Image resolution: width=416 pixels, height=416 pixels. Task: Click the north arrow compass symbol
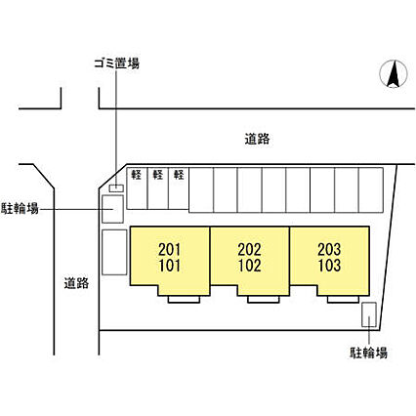pyautogui.click(x=394, y=74)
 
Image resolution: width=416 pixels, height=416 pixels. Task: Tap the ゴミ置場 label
pyautogui.click(x=117, y=63)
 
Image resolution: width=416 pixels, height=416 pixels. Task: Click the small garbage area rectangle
pyautogui.click(x=116, y=188)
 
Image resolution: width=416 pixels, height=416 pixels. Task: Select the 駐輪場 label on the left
pyautogui.click(x=21, y=208)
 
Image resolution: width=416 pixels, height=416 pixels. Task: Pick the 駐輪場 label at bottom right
pyautogui.click(x=368, y=353)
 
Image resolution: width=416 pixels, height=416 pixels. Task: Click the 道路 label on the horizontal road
pyautogui.click(x=257, y=139)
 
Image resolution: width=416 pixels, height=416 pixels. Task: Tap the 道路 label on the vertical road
pyautogui.click(x=76, y=283)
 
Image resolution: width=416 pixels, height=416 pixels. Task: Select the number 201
pyautogui.click(x=169, y=250)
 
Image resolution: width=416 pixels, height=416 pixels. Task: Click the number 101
pyautogui.click(x=170, y=266)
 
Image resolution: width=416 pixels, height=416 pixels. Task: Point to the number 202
pyautogui.click(x=250, y=250)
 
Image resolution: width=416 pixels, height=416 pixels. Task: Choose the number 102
pyautogui.click(x=250, y=266)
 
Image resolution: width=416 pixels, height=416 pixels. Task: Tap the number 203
pyautogui.click(x=329, y=250)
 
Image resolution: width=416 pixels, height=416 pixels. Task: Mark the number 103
pyautogui.click(x=330, y=266)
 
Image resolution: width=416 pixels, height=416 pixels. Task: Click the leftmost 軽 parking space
pyautogui.click(x=137, y=188)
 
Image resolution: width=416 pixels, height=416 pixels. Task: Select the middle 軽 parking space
pyautogui.click(x=158, y=188)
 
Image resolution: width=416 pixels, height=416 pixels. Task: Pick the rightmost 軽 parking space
pyautogui.click(x=179, y=188)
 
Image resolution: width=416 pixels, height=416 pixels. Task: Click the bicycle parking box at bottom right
pyautogui.click(x=369, y=314)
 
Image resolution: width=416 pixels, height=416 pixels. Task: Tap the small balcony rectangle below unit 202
pyautogui.click(x=264, y=300)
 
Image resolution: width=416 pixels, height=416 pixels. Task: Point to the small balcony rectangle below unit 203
pyautogui.click(x=343, y=300)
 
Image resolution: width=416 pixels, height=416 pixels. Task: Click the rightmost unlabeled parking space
pyautogui.click(x=371, y=190)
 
